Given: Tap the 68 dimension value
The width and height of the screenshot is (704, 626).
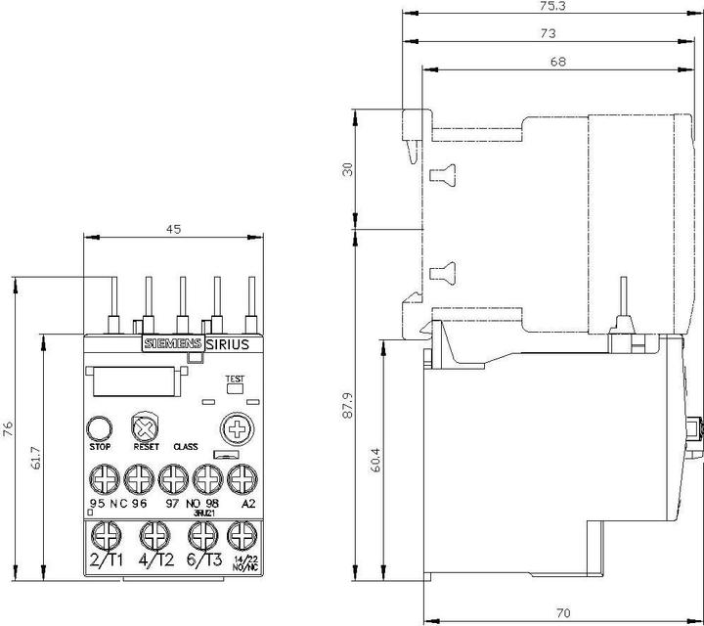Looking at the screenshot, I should (x=558, y=61).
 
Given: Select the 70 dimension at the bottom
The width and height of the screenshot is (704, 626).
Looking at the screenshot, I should (x=563, y=613).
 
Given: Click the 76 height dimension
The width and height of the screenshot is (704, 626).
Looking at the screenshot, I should (x=9, y=429).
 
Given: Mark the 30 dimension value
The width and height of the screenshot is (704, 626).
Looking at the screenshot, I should (x=345, y=169).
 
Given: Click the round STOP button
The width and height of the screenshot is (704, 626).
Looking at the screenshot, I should (x=99, y=427).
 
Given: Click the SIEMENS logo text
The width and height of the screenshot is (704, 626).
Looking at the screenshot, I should (x=173, y=343).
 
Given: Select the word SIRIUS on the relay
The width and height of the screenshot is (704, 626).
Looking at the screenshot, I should (x=228, y=343).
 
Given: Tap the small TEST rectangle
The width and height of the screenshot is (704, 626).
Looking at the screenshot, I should (x=235, y=387).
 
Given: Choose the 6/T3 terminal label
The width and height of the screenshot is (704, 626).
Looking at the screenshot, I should (x=201, y=559).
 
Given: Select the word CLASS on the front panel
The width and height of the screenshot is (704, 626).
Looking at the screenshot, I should (x=186, y=447).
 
